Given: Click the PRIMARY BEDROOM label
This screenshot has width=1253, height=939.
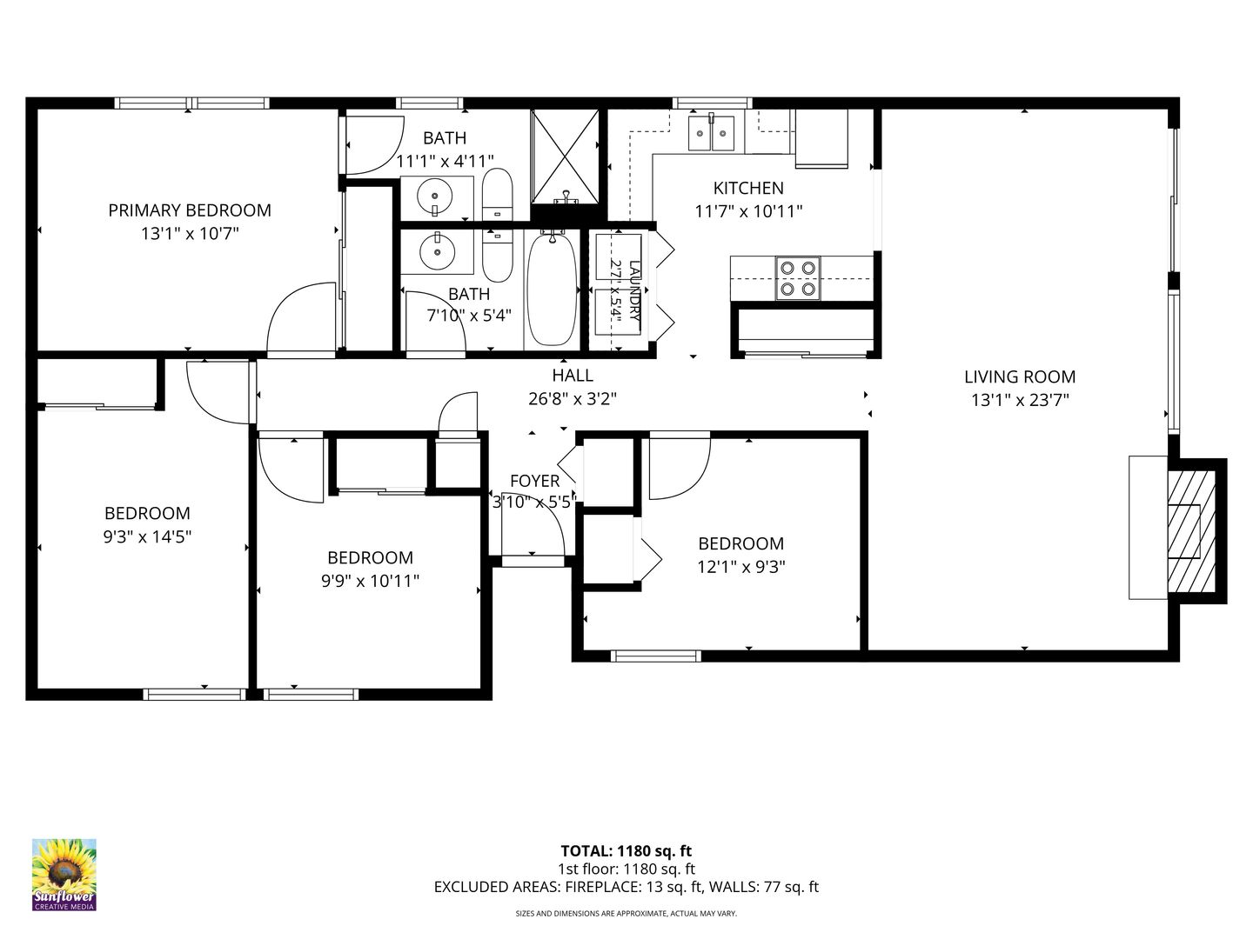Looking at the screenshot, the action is pyautogui.click(x=190, y=210).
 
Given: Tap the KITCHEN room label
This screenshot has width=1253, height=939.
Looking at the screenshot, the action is pyautogui.click(x=748, y=188).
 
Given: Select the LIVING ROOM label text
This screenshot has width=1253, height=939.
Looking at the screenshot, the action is pyautogui.click(x=1020, y=376).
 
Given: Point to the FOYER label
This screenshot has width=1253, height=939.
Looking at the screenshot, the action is pyautogui.click(x=535, y=481).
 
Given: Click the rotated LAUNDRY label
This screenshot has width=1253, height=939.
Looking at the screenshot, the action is pyautogui.click(x=634, y=290).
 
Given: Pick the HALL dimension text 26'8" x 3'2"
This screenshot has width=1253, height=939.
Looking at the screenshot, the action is pyautogui.click(x=573, y=398).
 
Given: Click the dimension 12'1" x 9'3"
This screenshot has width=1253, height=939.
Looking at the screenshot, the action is pyautogui.click(x=741, y=567).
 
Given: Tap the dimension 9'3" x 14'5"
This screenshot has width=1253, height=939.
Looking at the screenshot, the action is pyautogui.click(x=147, y=536).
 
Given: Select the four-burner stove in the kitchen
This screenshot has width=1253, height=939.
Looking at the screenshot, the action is pyautogui.click(x=797, y=278).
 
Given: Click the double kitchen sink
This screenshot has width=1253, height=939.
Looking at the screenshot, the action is pyautogui.click(x=711, y=132).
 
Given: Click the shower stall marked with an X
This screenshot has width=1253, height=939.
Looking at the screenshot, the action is pyautogui.click(x=565, y=156).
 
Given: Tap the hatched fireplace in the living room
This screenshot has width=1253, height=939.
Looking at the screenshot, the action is pyautogui.click(x=1190, y=530).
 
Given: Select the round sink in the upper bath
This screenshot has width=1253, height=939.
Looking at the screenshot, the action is pyautogui.click(x=434, y=197).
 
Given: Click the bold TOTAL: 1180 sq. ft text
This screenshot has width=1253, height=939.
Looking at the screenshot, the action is pyautogui.click(x=626, y=850).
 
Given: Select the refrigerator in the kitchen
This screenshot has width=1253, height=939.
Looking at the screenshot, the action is pyautogui.click(x=821, y=138).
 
